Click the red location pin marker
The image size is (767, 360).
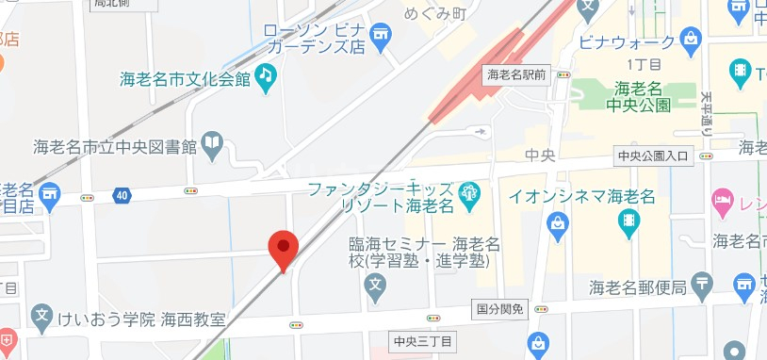pyautogui.click(x=284, y=248)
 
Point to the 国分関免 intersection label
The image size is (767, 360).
pyautogui.click(x=497, y=309)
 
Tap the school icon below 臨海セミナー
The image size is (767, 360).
pyautogui.click(x=375, y=284)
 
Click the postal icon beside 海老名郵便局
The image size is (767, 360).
pyautogui.click(x=701, y=284)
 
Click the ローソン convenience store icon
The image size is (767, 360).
pyautogui.click(x=381, y=38)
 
